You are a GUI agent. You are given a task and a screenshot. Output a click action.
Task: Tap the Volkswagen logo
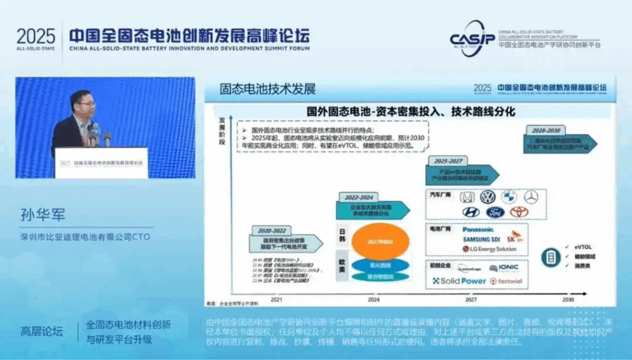(x=488, y=197)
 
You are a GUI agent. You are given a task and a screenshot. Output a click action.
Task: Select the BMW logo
(x=509, y=197)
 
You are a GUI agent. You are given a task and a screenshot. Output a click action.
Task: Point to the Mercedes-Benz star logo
(x=531, y=197)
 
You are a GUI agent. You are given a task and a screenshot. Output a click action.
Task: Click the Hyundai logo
(x=470, y=212)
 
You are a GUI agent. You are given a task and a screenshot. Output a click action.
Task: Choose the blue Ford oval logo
(x=495, y=212)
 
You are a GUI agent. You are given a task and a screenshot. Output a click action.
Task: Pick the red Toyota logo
(x=519, y=212)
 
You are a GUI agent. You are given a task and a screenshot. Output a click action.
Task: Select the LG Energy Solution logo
(x=489, y=249)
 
